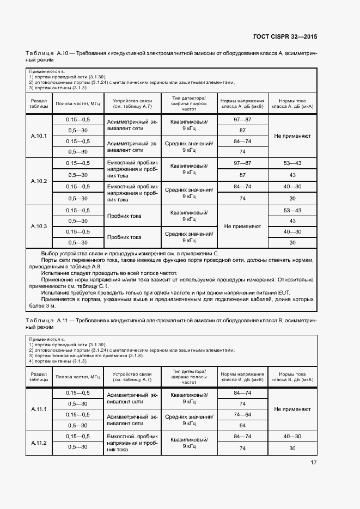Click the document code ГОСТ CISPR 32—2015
pyautogui.click(x=285, y=36)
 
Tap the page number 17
pyautogui.click(x=313, y=463)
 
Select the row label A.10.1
pyautogui.click(x=39, y=136)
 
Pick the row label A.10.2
pyautogui.click(x=39, y=181)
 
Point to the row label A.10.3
pyautogui.click(x=39, y=226)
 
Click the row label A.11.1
pyautogui.click(x=39, y=409)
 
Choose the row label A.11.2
pyautogui.click(x=39, y=443)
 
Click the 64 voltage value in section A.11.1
pyautogui.click(x=242, y=426)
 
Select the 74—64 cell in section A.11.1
pyautogui.click(x=242, y=415)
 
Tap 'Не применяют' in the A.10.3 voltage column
pyautogui.click(x=242, y=226)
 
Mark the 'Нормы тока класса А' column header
pyautogui.click(x=292, y=103)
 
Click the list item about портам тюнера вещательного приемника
pyautogui.click(x=87, y=355)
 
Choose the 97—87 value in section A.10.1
pyautogui.click(x=242, y=119)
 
